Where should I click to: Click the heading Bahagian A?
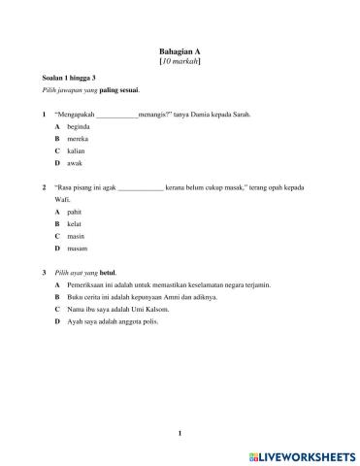click(180, 50)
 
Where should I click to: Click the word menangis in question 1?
click(153, 115)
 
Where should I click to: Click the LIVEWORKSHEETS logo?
click(304, 454)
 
